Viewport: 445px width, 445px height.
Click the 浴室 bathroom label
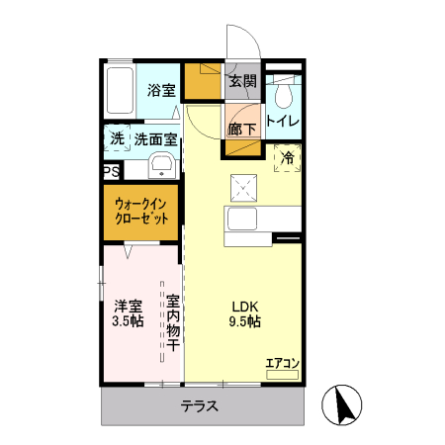click(161, 90)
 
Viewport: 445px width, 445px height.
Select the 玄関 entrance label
click(242, 81)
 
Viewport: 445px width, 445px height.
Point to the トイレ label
click(284, 123)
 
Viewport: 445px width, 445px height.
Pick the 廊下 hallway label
click(242, 130)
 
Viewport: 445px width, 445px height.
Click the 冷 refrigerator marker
click(288, 157)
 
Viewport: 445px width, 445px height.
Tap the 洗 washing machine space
click(117, 139)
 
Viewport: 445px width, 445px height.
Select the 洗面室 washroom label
click(155, 140)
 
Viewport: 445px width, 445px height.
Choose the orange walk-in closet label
click(141, 211)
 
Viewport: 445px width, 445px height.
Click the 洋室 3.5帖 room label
click(128, 313)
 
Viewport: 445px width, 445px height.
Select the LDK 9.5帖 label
click(246, 313)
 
